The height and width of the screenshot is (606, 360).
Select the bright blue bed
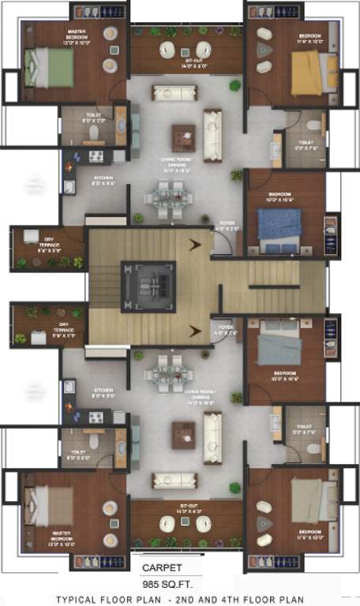click(x=280, y=226)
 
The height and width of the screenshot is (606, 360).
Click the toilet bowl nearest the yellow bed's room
click(x=313, y=125)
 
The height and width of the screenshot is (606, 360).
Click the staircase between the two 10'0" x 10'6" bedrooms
click(x=272, y=286)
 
